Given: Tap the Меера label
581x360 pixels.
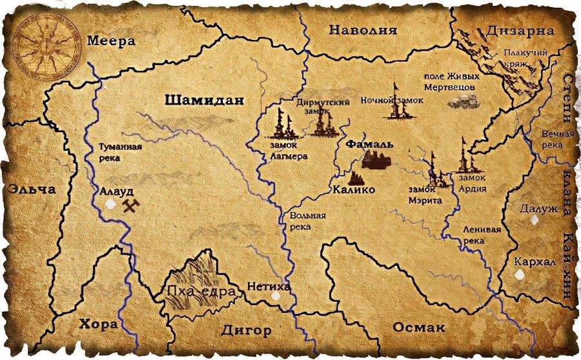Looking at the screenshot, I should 112,41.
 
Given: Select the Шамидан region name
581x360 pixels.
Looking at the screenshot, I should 205,100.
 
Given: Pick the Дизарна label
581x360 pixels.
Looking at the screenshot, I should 521,31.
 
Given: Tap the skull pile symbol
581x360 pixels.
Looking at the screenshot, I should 464,102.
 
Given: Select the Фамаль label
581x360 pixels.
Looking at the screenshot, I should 369,144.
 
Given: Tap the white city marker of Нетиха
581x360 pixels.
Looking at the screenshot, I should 276,296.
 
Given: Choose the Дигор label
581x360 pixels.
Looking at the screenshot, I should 246,330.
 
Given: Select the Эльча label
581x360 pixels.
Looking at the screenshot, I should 32,190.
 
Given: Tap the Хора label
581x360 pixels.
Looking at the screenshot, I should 99,324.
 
